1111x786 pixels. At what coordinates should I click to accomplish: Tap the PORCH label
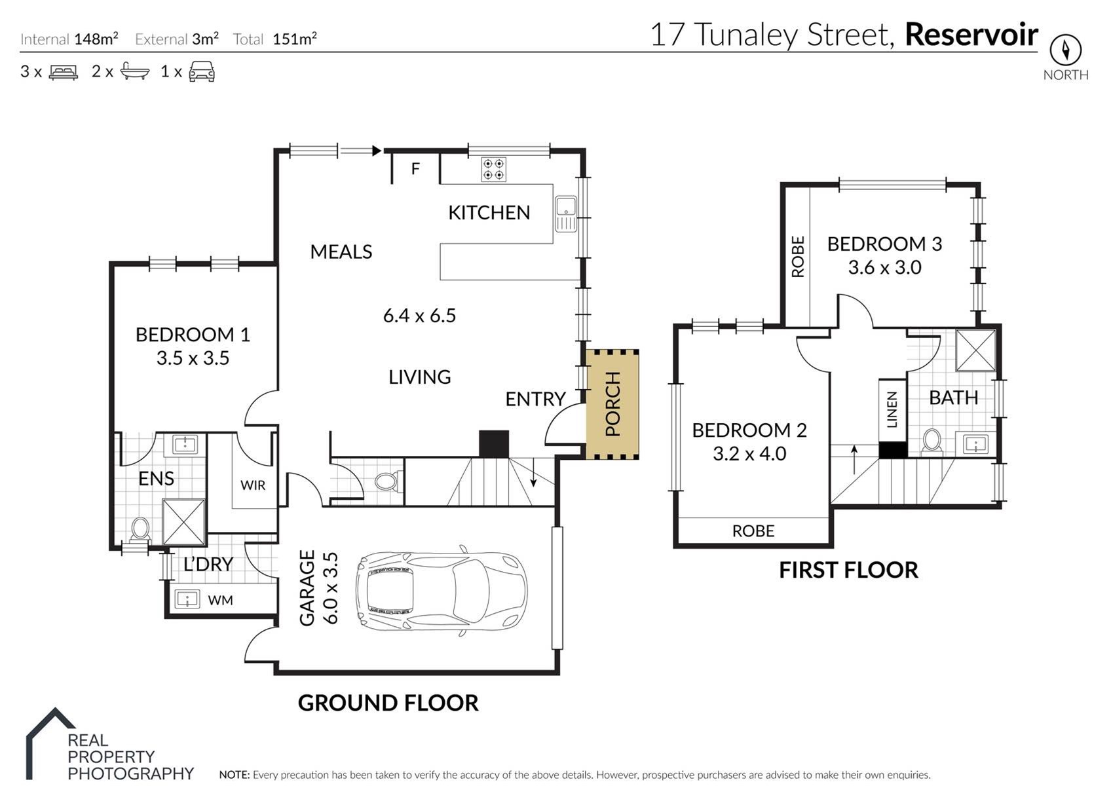613,403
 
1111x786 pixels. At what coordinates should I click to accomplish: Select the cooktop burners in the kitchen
493,169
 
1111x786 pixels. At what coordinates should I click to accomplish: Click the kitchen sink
566,214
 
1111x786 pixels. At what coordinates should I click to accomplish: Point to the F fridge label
415,169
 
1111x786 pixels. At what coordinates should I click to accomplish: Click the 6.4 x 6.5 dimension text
419,316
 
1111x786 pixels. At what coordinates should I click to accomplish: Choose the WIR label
253,485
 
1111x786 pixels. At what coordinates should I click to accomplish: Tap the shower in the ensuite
184,521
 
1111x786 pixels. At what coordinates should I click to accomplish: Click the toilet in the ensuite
140,529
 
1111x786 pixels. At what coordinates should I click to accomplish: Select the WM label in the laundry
220,600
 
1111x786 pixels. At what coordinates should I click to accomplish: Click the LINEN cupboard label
892,409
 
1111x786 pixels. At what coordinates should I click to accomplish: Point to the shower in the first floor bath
975,350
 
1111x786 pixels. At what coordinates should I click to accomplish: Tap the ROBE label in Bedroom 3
797,256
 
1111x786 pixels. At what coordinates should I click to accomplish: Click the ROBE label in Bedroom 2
753,531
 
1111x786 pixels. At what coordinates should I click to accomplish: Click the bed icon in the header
63,73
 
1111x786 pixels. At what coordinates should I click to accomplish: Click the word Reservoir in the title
971,34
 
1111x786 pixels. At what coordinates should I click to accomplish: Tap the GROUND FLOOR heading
388,703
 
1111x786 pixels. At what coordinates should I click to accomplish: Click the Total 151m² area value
295,39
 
